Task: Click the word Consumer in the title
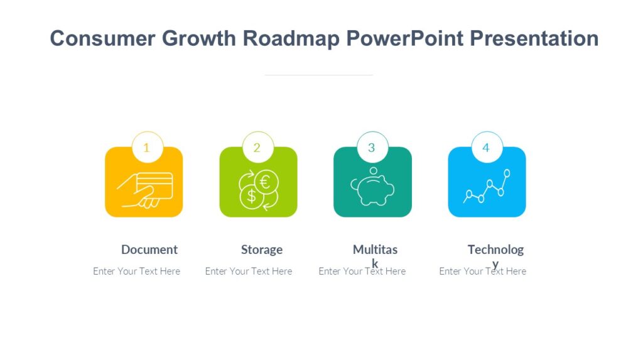click(103, 38)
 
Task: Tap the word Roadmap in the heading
click(291, 38)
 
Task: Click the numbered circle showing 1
click(147, 148)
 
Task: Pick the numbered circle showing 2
click(257, 148)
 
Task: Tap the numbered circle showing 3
click(372, 148)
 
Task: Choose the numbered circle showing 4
click(486, 148)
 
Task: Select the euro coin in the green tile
click(266, 182)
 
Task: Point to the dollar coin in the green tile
click(251, 196)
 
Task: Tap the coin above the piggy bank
click(373, 170)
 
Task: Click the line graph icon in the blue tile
click(487, 187)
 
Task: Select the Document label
click(149, 250)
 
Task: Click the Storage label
click(262, 250)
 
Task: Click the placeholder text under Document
click(136, 271)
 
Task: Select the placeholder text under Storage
click(249, 271)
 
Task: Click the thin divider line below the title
click(319, 75)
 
